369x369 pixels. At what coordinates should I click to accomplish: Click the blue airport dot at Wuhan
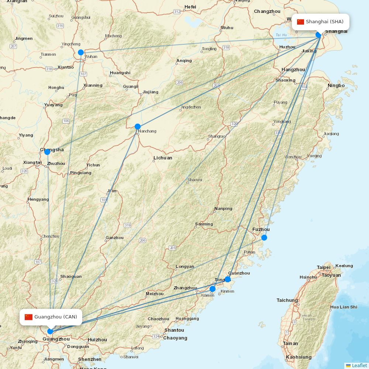pos(81,52)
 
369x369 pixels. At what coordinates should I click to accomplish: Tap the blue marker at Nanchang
pos(138,127)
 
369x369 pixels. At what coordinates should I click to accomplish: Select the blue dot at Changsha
pos(47,152)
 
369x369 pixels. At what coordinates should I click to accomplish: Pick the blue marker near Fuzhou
pos(264,237)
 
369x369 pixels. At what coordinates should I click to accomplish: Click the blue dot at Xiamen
pos(213,289)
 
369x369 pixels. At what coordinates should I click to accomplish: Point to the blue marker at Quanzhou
pos(228,279)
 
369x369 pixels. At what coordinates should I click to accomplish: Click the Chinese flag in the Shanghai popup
pos(300,22)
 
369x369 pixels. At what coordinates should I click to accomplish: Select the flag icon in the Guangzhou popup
pos(29,317)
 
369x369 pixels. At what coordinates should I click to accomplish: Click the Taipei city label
pos(324,268)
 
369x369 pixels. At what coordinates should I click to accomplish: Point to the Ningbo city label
pos(336,86)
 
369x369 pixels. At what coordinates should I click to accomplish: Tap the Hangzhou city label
pos(293,70)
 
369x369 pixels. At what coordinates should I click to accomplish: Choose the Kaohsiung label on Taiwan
pos(299,357)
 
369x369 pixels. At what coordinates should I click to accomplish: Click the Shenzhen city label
pos(90,359)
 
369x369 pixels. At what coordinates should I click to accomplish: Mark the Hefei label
pos(190,7)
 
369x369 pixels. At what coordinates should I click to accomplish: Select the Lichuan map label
pos(163,158)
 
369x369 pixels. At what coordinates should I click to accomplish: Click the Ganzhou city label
pos(114,238)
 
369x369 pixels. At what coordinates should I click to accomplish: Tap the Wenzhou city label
pos(293,157)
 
